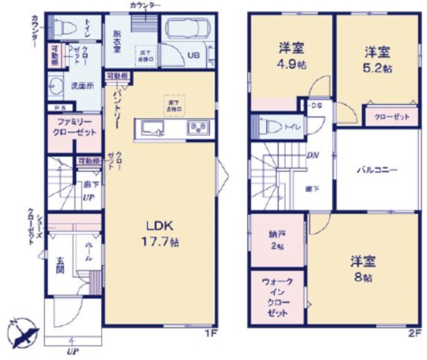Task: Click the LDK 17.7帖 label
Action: (x=160, y=234)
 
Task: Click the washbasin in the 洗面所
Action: (x=55, y=85)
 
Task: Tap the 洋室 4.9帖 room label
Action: (x=292, y=56)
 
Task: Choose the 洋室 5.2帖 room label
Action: (x=378, y=59)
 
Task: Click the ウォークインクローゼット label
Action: (x=277, y=297)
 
